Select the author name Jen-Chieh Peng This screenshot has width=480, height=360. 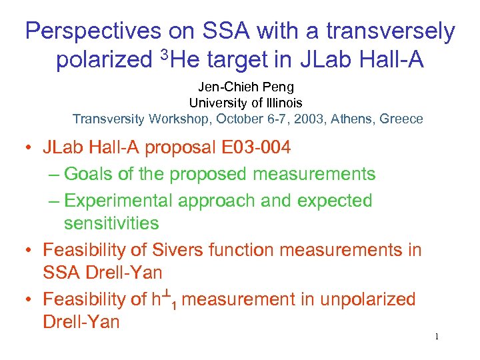click(245, 87)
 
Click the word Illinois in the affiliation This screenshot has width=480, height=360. click(280, 103)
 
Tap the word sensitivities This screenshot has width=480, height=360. click(111, 223)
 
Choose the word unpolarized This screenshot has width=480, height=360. click(367, 299)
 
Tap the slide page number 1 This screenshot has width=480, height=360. click(437, 337)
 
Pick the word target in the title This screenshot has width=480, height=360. click(241, 60)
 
